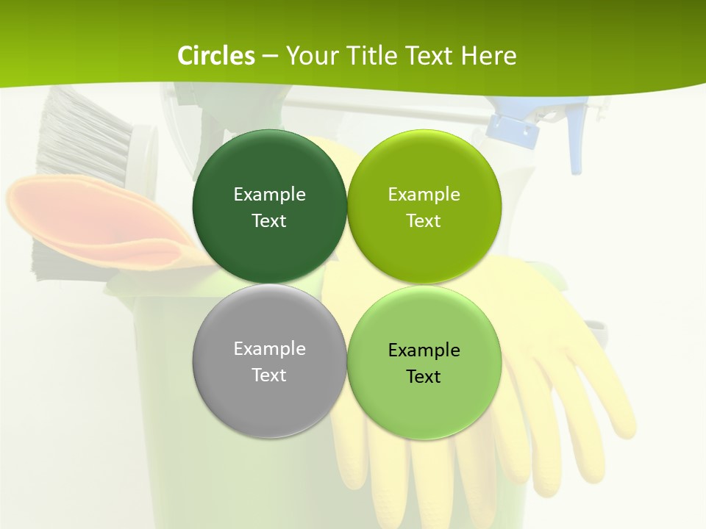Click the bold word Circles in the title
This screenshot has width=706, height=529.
216,56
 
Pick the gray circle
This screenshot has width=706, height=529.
269,404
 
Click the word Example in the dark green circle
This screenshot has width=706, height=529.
269,195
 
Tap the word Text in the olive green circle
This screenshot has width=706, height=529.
424,221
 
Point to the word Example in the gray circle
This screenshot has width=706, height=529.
269,349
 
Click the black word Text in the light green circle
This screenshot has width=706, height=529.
424,377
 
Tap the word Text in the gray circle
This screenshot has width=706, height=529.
269,375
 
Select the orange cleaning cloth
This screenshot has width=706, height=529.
88,220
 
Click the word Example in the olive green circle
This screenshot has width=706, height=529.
424,195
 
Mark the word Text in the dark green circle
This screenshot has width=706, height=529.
269,221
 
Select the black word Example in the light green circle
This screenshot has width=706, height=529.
424,350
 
